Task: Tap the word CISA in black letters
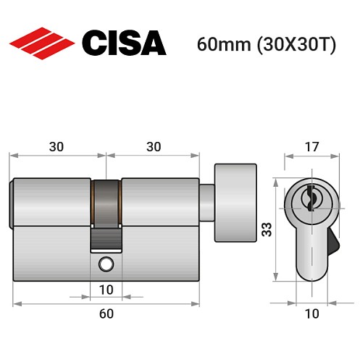point(123,43)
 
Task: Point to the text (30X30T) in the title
point(289,44)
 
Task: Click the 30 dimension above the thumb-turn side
point(153,146)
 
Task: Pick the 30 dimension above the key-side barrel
point(56,146)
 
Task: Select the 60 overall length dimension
point(106,313)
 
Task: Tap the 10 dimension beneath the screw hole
point(106,290)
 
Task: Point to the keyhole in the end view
point(312,197)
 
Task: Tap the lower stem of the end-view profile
point(312,257)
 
